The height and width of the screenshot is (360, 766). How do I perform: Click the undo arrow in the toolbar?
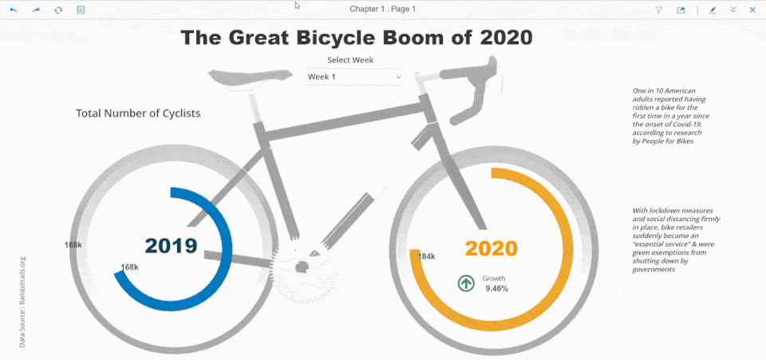[x=13, y=10]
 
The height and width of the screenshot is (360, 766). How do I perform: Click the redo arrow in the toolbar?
[x=36, y=10]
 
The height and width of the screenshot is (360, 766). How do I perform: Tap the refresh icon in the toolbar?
[x=58, y=10]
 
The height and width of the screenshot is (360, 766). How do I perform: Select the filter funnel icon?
[x=658, y=10]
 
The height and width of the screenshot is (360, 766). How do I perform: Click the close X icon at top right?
[x=752, y=10]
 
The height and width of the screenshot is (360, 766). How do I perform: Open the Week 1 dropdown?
[x=355, y=77]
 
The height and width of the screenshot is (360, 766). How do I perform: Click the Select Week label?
[x=350, y=60]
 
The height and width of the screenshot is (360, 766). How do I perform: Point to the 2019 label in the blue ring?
[x=171, y=246]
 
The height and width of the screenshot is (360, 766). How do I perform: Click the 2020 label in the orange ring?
[x=491, y=248]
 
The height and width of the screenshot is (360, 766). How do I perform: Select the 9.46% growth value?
[x=496, y=288]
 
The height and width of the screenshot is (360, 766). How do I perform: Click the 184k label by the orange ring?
[x=427, y=256]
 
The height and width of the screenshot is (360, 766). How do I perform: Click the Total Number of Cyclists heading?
[x=138, y=113]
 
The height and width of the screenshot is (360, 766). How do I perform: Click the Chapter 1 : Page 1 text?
[x=382, y=9]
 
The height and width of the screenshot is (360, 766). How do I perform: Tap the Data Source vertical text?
[x=22, y=301]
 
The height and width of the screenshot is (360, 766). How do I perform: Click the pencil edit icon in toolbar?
[x=713, y=10]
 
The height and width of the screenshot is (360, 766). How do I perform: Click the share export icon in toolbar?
[x=681, y=10]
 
